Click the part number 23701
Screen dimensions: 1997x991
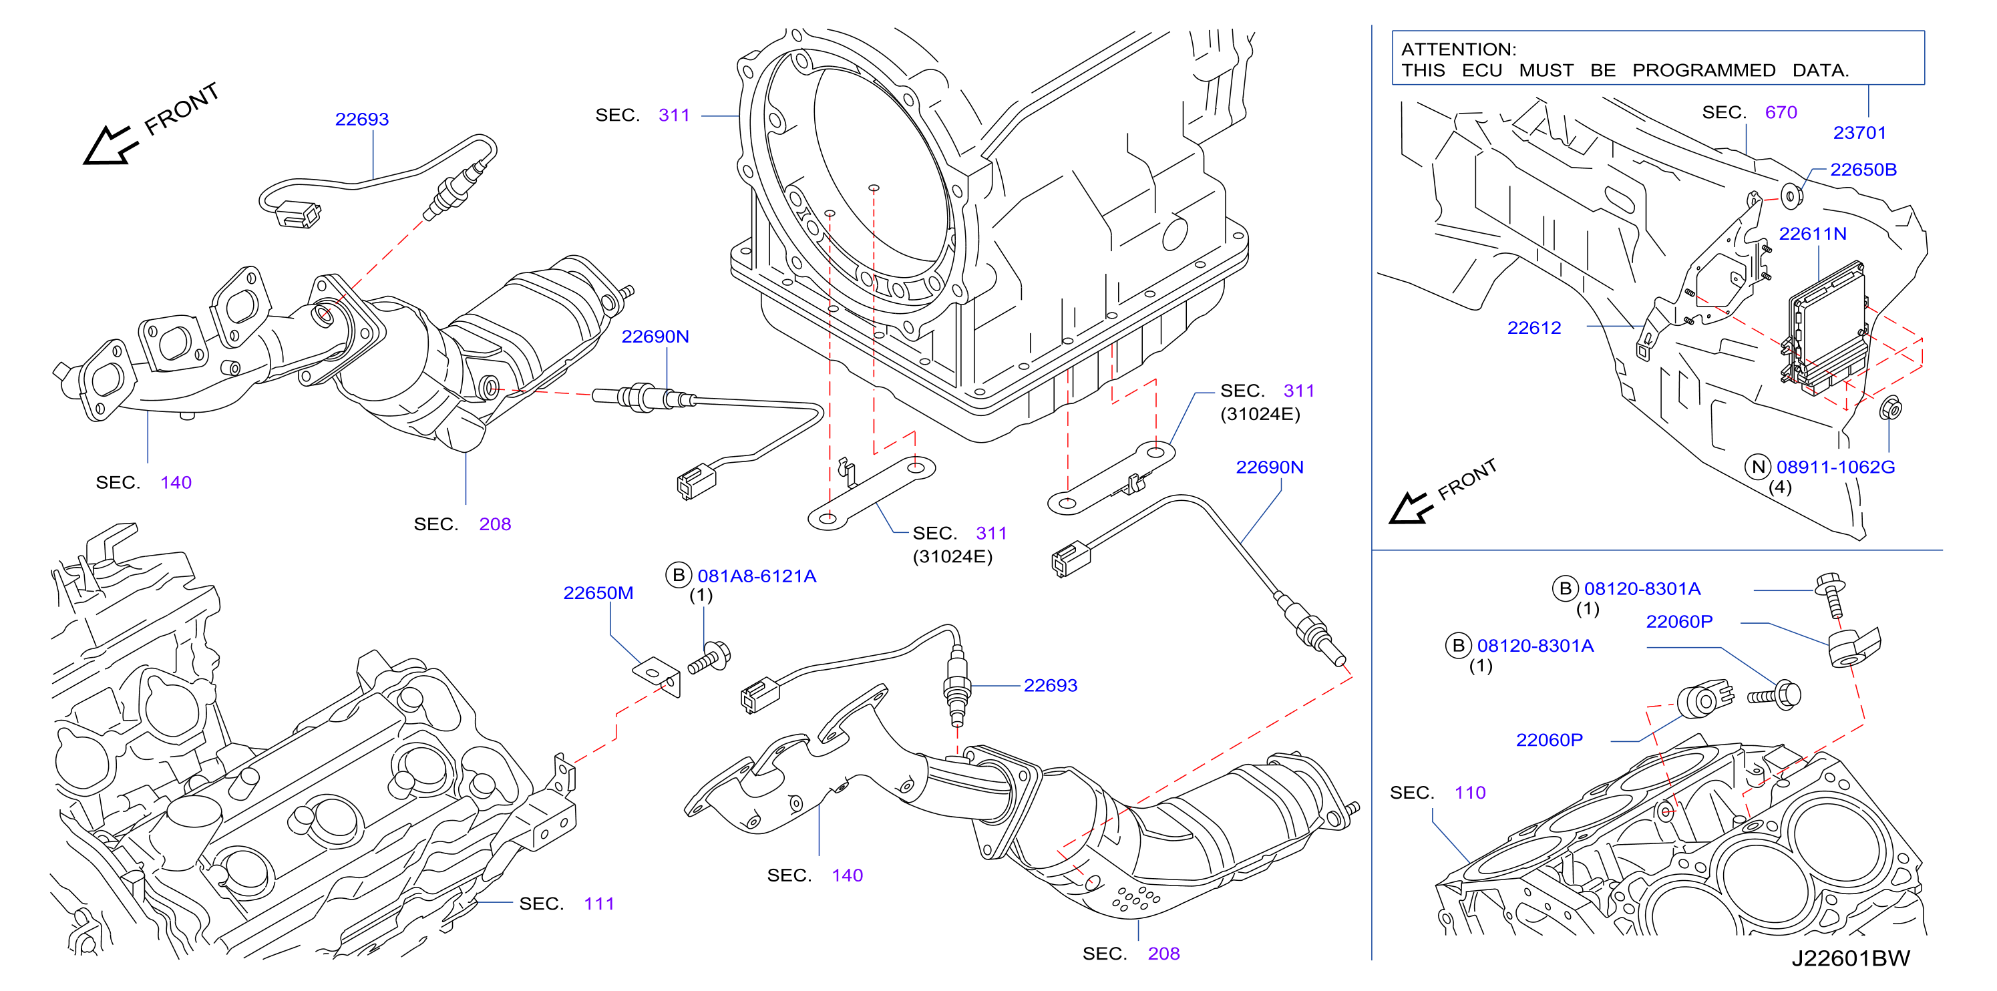(x=1859, y=132)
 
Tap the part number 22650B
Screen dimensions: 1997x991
(x=1863, y=170)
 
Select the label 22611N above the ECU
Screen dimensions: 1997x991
(x=1813, y=233)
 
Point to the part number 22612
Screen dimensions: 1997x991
(x=1533, y=328)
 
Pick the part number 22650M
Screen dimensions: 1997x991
(x=598, y=593)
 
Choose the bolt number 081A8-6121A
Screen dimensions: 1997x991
(x=757, y=576)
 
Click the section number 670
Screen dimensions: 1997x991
(x=1781, y=112)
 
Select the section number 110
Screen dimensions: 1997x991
(x=1470, y=793)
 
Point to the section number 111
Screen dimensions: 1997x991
(x=598, y=904)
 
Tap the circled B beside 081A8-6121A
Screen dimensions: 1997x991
(x=679, y=575)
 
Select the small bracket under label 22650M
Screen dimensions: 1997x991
(x=657, y=676)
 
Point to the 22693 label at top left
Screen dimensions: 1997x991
(x=362, y=120)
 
